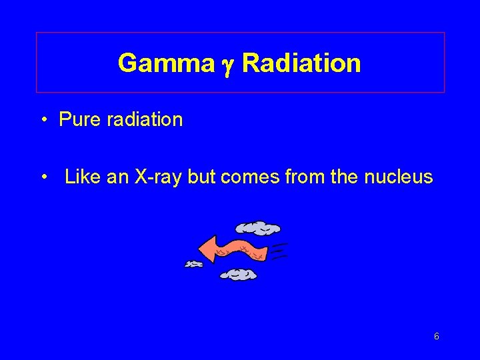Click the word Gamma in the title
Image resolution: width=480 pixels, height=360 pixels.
click(x=157, y=63)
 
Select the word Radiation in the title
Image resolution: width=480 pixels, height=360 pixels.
click(x=301, y=63)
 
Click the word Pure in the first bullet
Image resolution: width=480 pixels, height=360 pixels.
click(x=76, y=120)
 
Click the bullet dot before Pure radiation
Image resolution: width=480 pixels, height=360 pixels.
click(x=43, y=121)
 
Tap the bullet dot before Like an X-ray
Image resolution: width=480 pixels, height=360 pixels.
click(x=43, y=178)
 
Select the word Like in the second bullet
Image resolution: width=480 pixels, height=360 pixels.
click(x=79, y=177)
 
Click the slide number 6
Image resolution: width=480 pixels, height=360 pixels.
click(x=436, y=337)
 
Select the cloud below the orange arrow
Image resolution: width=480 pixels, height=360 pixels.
click(x=238, y=274)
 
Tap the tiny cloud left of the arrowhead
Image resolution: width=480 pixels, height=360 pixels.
click(x=193, y=265)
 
